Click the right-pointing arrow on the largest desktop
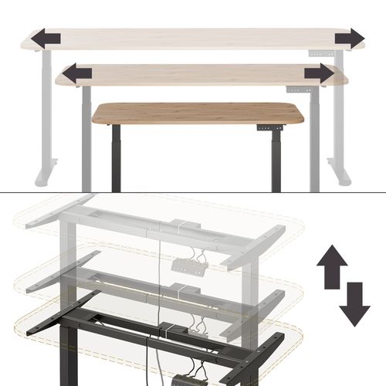[x=349, y=38]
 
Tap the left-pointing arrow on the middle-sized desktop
[x=76, y=73]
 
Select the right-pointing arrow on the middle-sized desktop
[x=318, y=73]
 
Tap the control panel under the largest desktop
[x=321, y=52]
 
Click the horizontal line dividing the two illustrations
[x=193, y=192]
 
